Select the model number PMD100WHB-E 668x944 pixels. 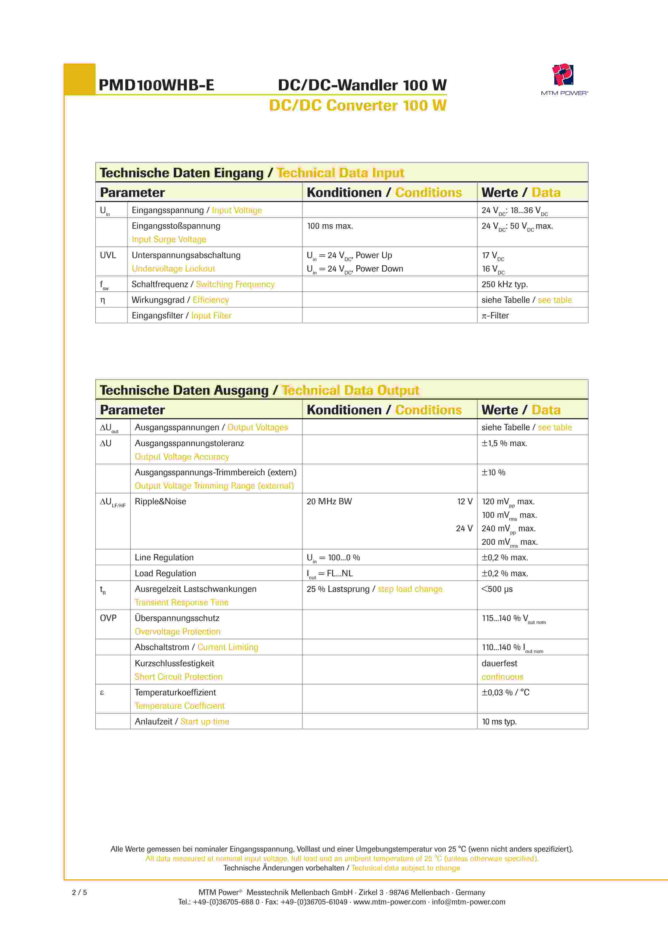point(156,85)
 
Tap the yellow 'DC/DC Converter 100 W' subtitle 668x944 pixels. point(358,106)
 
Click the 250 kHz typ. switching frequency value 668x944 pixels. point(504,284)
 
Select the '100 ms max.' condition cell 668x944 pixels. point(330,226)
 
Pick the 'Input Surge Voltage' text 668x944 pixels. point(169,239)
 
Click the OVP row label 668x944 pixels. point(108,618)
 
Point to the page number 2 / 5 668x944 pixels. point(79,893)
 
